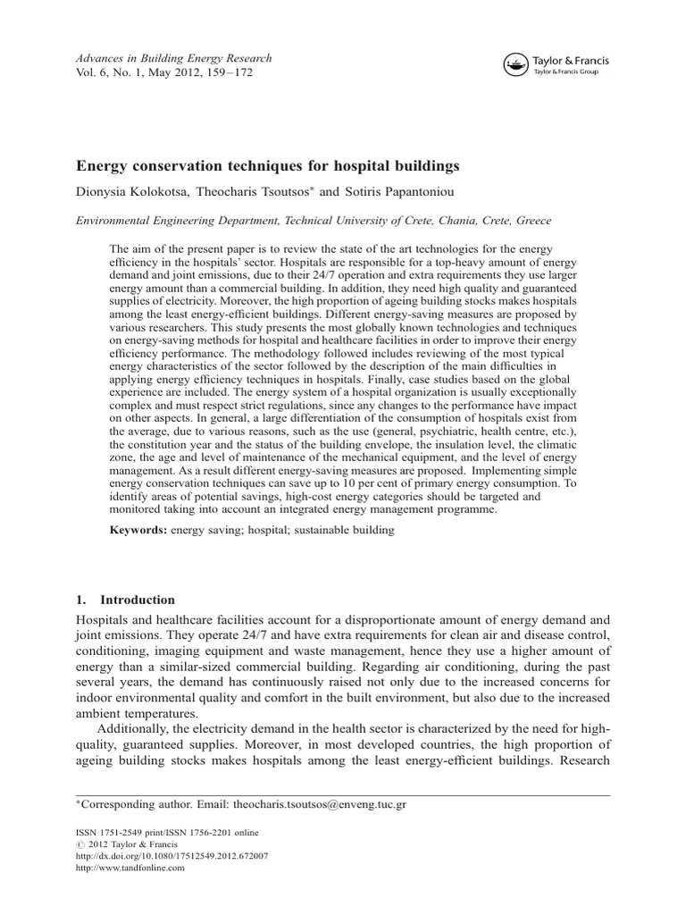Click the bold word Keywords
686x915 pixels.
138,530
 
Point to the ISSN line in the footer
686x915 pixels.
157,830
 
